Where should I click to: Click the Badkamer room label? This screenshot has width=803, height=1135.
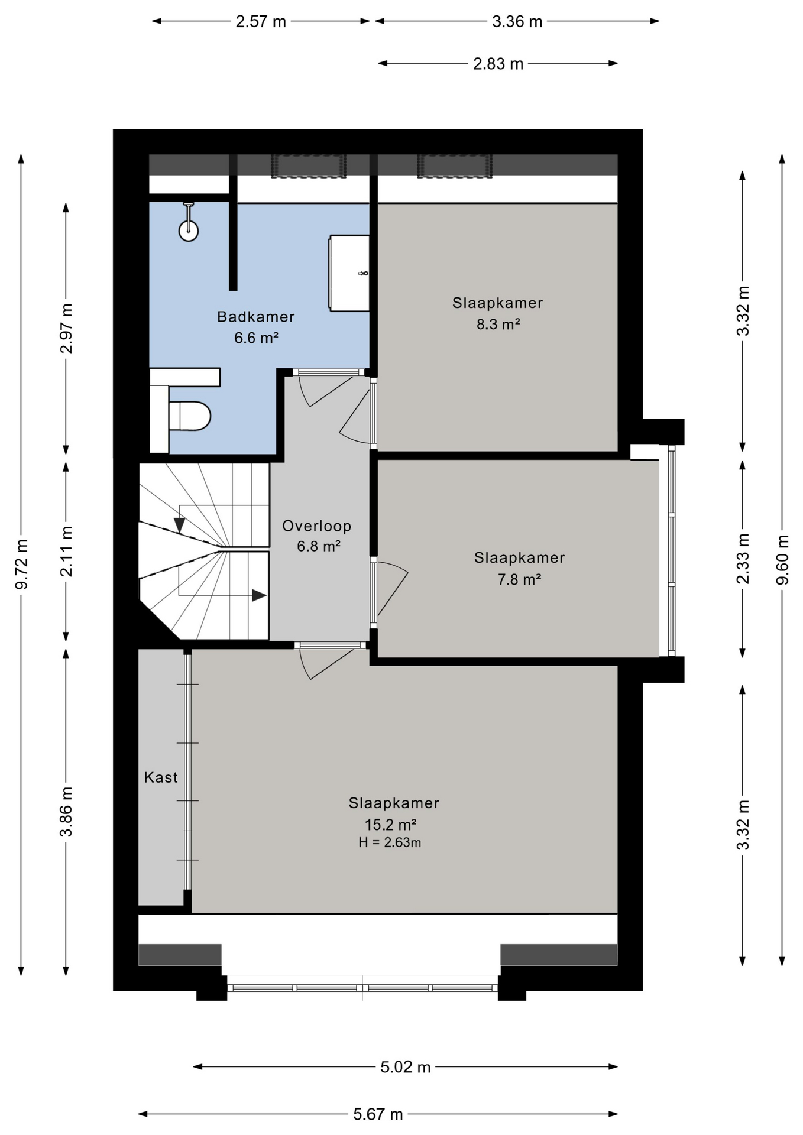[255, 317]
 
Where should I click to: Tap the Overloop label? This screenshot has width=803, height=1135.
[316, 526]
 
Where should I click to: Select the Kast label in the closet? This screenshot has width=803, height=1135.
[161, 777]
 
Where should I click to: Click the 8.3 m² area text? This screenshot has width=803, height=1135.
[498, 325]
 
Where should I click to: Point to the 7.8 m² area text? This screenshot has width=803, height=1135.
[519, 579]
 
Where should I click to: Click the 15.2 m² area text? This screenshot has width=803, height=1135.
[390, 825]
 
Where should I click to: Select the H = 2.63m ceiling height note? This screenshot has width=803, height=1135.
[390, 843]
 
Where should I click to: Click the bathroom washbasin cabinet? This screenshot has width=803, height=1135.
[349, 273]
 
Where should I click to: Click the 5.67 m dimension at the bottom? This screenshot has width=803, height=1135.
[378, 1114]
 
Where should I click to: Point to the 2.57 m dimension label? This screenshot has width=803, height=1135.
[261, 22]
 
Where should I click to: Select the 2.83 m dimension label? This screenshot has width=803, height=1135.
[498, 64]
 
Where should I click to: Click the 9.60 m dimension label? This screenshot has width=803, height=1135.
[782, 559]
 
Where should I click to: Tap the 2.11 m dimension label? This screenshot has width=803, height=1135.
[66, 551]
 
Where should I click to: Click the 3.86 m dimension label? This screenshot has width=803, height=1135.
[66, 812]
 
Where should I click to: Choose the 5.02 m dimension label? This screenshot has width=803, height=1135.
[405, 1067]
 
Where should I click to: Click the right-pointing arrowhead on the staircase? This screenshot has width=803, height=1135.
[259, 595]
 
